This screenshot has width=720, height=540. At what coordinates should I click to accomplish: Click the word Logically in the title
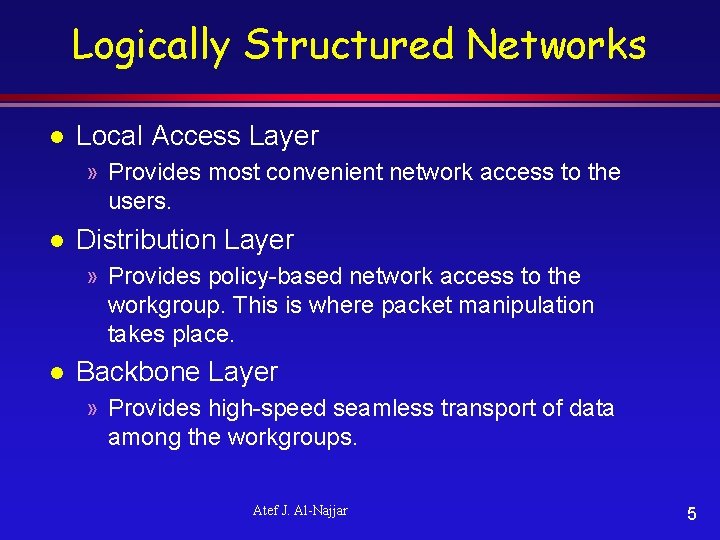(x=150, y=46)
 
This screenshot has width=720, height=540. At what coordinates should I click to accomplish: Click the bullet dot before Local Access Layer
(x=58, y=136)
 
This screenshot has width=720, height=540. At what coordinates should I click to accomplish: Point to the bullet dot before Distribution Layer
(x=58, y=240)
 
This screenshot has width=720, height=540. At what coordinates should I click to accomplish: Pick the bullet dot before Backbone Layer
(x=58, y=372)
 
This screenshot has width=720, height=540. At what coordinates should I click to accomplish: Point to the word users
(x=139, y=201)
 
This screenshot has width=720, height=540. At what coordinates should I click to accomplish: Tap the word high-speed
(x=267, y=408)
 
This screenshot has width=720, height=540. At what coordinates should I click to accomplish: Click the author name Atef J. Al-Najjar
(x=300, y=511)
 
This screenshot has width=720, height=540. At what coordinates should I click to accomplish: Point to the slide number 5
(x=691, y=514)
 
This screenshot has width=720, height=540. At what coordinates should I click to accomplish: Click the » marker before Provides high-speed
(x=92, y=408)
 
